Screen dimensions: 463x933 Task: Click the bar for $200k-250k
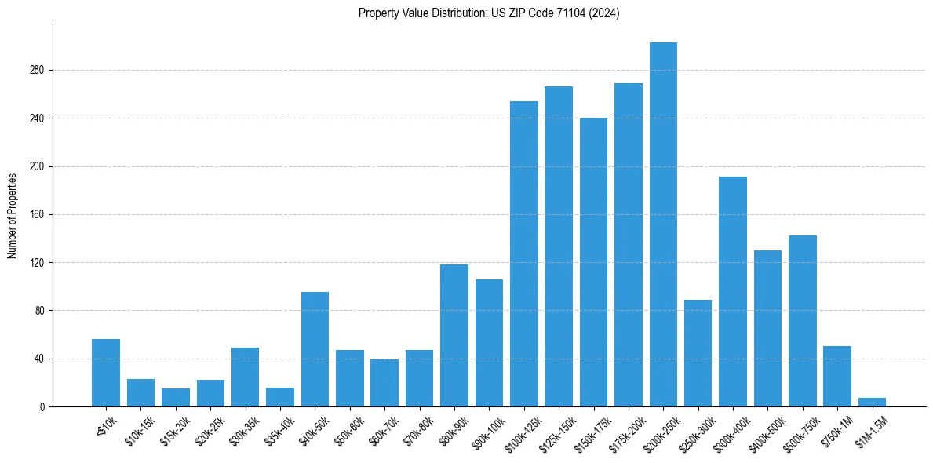pyautogui.click(x=663, y=224)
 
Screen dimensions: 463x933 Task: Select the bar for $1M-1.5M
pyautogui.click(x=872, y=403)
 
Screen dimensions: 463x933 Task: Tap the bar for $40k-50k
pyautogui.click(x=315, y=349)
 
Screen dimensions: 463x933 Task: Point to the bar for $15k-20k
pyautogui.click(x=176, y=398)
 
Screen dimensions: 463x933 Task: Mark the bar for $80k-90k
pyautogui.click(x=454, y=336)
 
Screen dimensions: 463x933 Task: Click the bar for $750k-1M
pyautogui.click(x=837, y=377)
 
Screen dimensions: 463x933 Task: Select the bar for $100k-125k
pyautogui.click(x=524, y=254)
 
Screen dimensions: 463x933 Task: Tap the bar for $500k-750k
pyautogui.click(x=803, y=321)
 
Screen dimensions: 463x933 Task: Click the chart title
pyautogui.click(x=489, y=13)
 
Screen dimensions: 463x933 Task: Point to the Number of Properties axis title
pyautogui.click(x=13, y=215)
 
